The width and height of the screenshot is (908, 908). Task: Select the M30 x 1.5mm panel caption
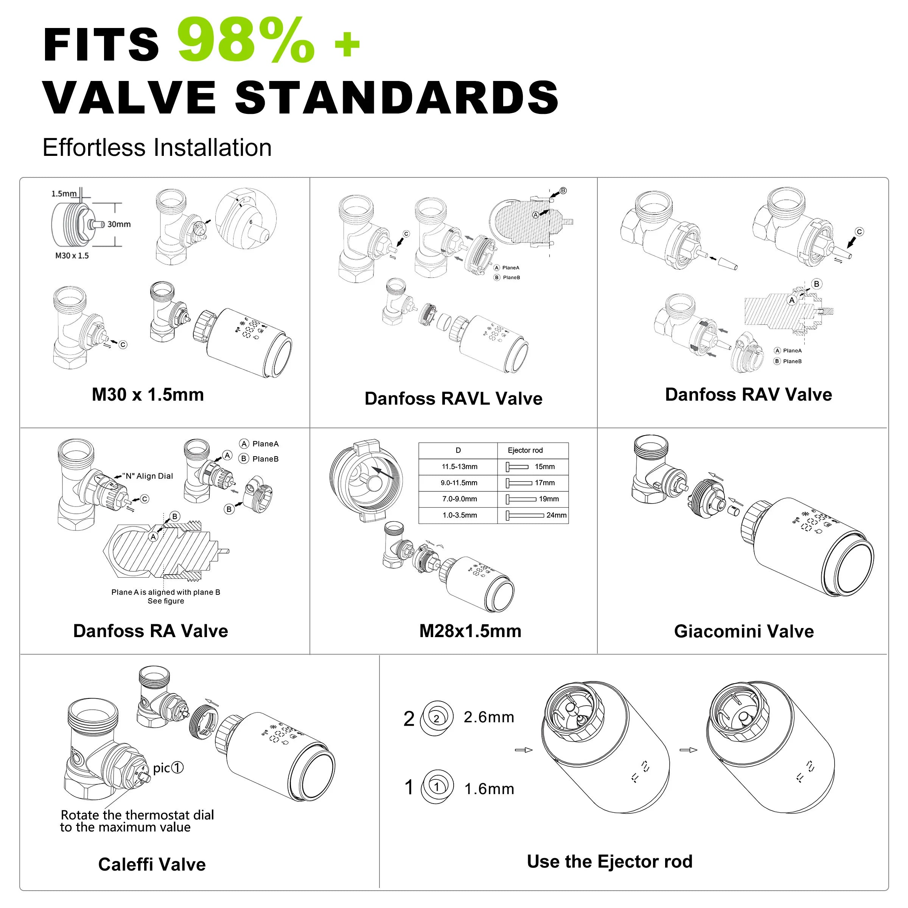[148, 395]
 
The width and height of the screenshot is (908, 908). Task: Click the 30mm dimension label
[119, 224]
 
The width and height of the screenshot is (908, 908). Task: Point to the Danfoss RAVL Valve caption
[454, 398]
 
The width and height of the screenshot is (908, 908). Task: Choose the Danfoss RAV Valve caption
[749, 394]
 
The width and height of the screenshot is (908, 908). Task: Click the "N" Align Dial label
[148, 476]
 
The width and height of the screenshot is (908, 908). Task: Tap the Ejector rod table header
[526, 450]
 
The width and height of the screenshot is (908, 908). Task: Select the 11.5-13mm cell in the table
[460, 467]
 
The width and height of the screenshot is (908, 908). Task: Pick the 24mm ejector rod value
[557, 515]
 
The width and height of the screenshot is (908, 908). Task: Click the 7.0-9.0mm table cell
[460, 499]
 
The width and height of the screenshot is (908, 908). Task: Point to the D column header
[458, 450]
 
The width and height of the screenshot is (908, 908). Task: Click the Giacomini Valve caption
[744, 631]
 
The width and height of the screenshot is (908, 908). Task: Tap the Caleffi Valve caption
[152, 864]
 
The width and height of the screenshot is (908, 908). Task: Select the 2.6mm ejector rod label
[489, 717]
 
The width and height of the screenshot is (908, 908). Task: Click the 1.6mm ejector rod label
[489, 788]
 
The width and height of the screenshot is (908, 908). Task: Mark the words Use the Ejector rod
[609, 861]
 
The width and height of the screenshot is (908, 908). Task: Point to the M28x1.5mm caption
[470, 631]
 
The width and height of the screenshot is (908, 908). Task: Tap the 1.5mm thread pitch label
[64, 194]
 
